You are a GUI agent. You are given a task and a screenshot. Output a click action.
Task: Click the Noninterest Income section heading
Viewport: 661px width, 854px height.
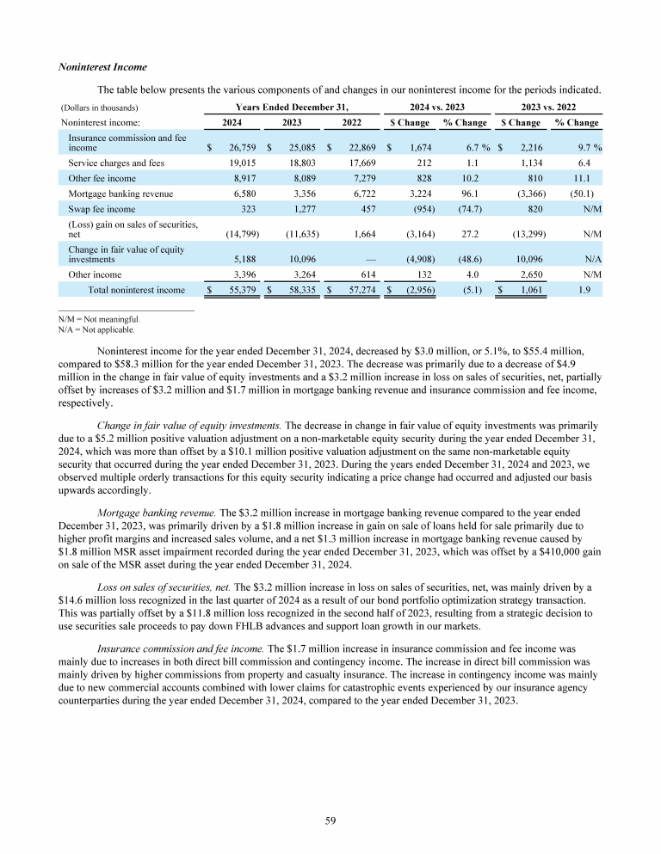[102, 66]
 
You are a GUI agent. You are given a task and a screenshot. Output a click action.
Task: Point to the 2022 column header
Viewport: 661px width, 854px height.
[351, 122]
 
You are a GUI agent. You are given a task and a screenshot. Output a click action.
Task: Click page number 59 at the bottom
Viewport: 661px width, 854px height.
[330, 820]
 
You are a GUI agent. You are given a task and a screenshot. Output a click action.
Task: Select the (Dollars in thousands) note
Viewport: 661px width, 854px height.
[100, 108]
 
